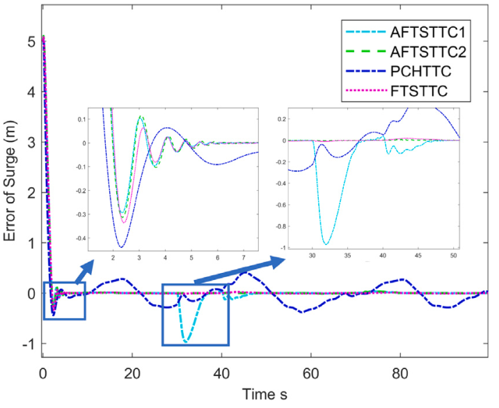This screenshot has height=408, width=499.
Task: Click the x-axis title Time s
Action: [264, 395]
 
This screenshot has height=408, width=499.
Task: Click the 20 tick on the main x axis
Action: [132, 372]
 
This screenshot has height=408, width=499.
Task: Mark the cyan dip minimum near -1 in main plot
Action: [187, 342]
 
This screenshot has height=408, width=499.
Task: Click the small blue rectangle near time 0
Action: [64, 300]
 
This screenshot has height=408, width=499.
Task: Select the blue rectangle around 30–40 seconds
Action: [195, 314]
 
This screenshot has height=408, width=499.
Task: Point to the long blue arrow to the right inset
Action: [240, 271]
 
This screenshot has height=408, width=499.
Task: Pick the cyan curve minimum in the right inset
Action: [326, 244]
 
